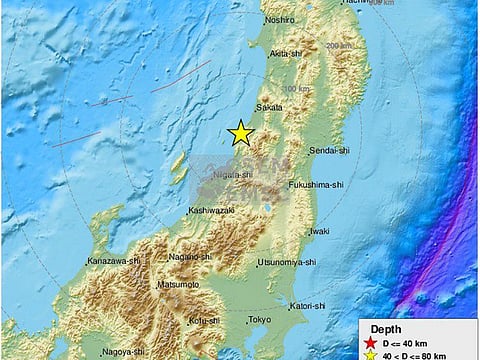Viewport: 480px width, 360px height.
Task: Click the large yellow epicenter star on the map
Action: coord(240,134)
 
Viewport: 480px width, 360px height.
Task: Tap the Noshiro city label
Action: coord(280,20)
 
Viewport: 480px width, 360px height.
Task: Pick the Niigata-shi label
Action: coord(229,173)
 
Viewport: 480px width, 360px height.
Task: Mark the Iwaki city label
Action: coord(319,231)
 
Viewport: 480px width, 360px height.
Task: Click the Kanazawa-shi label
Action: coord(113,260)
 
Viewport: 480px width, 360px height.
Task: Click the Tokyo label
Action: coord(259,319)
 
